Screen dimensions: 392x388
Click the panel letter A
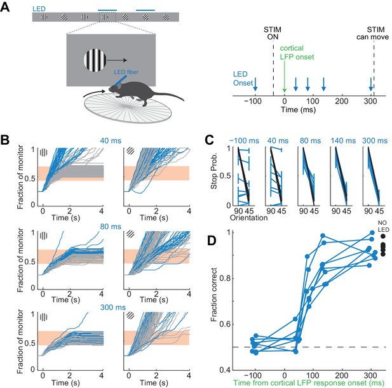click(5, 7)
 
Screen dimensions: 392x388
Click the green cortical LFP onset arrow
click(284, 76)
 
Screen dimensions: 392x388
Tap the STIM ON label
click(273, 33)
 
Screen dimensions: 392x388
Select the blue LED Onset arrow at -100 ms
click(255, 84)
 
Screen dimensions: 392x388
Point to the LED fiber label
click(126, 72)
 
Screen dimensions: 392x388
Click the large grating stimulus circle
click(95, 60)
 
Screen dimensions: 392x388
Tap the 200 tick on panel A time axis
click(342, 102)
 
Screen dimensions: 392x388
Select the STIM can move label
click(372, 33)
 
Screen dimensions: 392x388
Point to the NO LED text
click(382, 226)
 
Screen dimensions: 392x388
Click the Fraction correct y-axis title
click(214, 295)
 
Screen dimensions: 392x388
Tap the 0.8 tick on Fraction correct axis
click(224, 278)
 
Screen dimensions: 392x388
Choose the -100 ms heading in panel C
click(244, 141)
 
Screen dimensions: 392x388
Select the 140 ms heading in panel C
click(343, 141)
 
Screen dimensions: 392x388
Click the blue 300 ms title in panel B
click(112, 307)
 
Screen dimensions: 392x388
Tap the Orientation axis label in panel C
click(249, 218)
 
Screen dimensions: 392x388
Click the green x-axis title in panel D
click(309, 383)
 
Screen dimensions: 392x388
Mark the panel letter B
click(5, 140)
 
